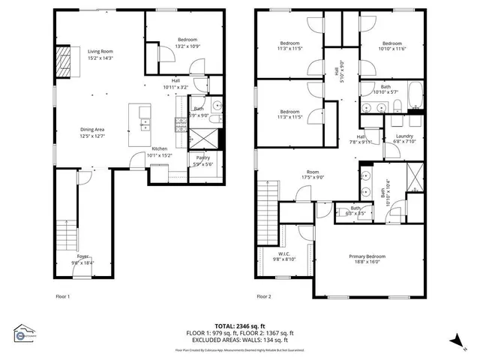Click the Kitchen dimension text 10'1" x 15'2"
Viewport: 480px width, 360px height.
[x=161, y=155]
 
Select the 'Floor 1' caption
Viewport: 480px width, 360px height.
[x=63, y=296]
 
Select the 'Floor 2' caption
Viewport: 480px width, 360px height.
[x=263, y=296]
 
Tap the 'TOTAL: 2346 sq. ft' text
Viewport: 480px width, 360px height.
[x=239, y=326]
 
